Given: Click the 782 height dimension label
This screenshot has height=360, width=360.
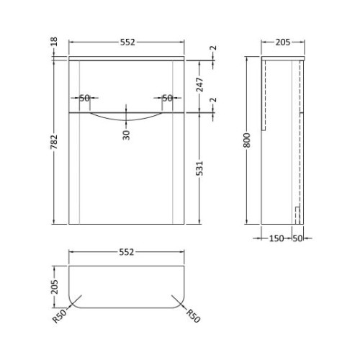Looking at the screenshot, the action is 54,142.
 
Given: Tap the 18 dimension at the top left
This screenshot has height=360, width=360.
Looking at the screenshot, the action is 54,41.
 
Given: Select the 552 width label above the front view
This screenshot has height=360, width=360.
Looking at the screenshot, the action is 127,42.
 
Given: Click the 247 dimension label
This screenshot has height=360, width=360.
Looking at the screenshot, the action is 199,84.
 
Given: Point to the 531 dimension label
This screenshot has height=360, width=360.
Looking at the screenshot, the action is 199,168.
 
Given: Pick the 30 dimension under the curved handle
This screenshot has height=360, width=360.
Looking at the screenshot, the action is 126,135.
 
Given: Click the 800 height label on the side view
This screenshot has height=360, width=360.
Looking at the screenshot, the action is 247,140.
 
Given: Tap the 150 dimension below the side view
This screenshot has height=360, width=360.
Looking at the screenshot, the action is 276,238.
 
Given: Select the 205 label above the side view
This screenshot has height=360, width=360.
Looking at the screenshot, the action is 283,42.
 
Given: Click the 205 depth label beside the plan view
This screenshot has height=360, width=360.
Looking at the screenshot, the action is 55,287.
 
